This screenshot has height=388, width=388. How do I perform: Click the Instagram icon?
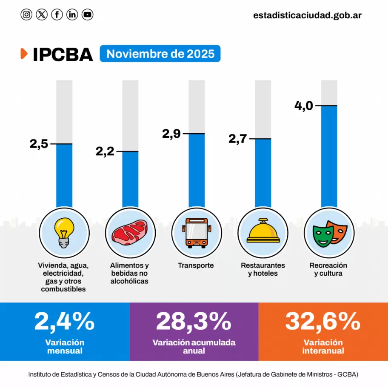[26, 15]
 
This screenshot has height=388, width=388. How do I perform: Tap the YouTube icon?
[87, 15]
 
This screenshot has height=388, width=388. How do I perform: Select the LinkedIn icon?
[72, 15]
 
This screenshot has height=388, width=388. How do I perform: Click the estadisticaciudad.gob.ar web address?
[307, 15]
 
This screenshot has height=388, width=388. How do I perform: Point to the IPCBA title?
[63, 54]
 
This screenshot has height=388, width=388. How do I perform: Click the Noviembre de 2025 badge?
[160, 54]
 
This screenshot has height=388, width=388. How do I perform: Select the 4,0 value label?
[303, 105]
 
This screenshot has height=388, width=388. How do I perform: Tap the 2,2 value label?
[105, 151]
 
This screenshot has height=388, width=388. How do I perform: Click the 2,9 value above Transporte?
[171, 134]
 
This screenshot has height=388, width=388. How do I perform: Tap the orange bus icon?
[197, 233]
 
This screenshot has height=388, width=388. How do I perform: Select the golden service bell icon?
[263, 232]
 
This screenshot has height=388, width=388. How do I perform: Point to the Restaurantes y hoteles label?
[263, 269]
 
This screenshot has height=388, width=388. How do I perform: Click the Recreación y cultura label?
[328, 269]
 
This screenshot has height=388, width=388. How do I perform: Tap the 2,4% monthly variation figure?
[64, 322]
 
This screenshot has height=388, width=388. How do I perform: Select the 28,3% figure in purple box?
[194, 322]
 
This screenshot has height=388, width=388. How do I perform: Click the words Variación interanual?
[323, 347]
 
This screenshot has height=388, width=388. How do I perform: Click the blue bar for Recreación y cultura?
[329, 157]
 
